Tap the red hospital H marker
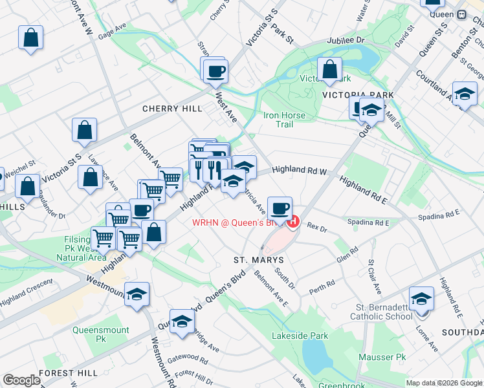(x=293, y=222)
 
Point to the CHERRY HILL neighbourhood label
(x=172, y=109)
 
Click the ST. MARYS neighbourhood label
(x=258, y=259)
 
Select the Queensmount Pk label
(x=98, y=334)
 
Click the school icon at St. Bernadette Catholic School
(x=421, y=299)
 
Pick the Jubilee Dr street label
(x=346, y=40)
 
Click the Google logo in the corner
(x=21, y=380)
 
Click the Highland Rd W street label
(x=300, y=170)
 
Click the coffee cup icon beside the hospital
(x=280, y=208)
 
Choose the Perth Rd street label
(x=322, y=287)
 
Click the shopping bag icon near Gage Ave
(x=31, y=38)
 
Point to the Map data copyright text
(x=444, y=383)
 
